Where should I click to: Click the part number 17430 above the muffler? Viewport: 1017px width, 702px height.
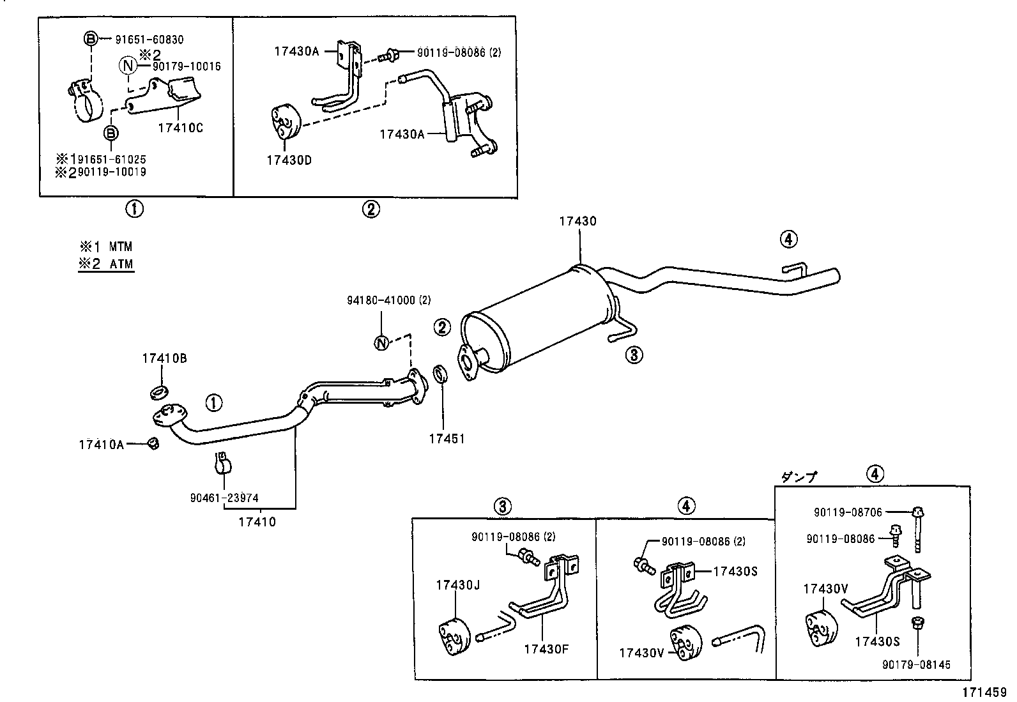pos(577,222)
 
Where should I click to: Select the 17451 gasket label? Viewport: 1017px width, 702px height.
pos(447,439)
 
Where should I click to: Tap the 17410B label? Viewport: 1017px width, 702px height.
pos(164,358)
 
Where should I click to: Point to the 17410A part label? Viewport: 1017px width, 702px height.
pos(102,444)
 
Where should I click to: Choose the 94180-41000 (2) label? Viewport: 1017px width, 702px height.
pos(388,300)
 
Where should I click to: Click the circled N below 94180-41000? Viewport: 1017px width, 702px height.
pos(381,343)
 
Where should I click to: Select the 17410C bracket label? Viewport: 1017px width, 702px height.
pos(180,128)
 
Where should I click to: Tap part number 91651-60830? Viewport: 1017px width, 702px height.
pos(149,40)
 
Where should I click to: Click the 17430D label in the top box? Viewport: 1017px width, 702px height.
pos(289,160)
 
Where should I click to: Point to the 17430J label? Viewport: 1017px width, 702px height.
pos(455,585)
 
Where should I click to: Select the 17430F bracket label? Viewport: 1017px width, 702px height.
pos(546,650)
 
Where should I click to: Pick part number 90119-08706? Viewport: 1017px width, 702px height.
pos(848,512)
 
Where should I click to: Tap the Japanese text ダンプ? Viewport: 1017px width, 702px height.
pos(799,477)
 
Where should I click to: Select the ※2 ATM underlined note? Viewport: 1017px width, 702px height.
pos(106,264)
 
